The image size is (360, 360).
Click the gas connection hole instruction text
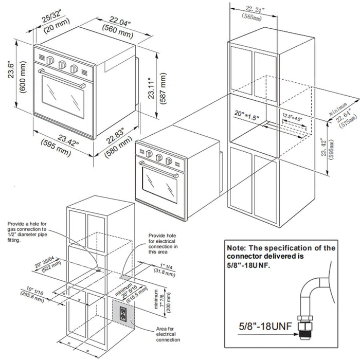(x=29, y=232)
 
